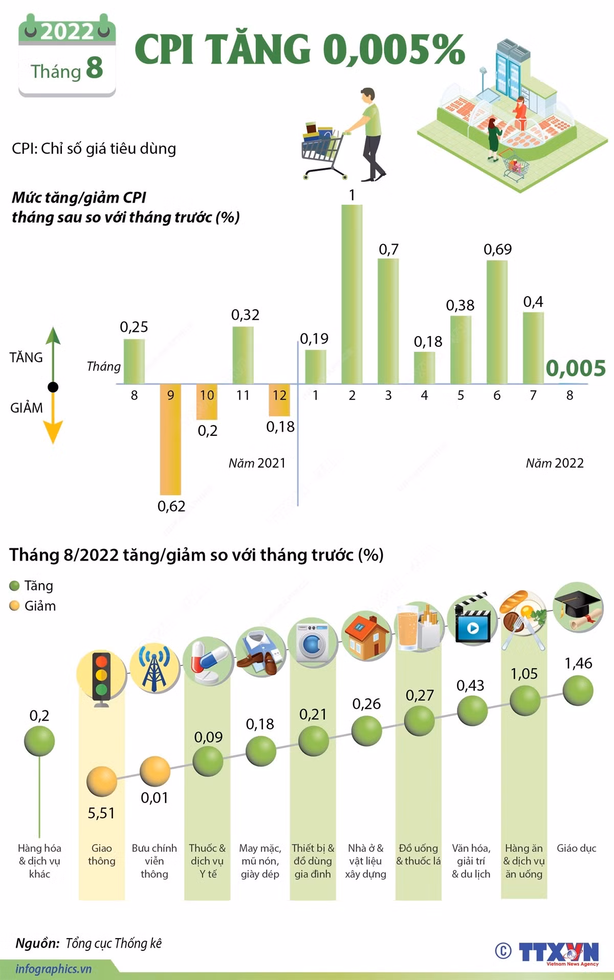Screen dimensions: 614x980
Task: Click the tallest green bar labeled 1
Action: [x=352, y=294]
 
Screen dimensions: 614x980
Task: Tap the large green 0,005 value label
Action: [x=576, y=368]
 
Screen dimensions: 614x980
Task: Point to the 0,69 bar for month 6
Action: [x=497, y=322]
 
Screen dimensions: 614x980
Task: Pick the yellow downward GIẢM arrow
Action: [x=53, y=417]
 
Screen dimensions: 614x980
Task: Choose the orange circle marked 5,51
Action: [x=101, y=782]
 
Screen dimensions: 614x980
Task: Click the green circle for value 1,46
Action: [x=578, y=690]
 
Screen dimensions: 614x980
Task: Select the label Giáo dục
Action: [x=577, y=848]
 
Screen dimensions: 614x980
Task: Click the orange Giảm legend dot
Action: [x=14, y=606]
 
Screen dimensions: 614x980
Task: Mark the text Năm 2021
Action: [x=257, y=463]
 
